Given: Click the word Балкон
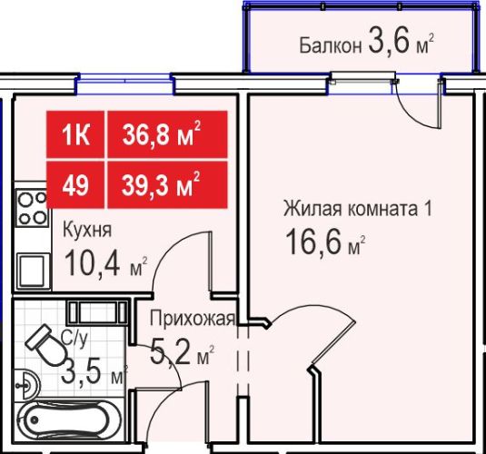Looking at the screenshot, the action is tap(331, 46).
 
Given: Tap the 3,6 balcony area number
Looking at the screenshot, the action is tap(390, 41).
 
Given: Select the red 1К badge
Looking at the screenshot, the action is tap(75, 134).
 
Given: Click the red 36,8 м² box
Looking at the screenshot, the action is tap(167, 134).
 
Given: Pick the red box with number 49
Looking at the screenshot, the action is tap(75, 184).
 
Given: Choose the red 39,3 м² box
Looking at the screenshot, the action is tap(167, 184).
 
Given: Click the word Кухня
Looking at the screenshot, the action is tap(87, 230).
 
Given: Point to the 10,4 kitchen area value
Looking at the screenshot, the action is tap(93, 262).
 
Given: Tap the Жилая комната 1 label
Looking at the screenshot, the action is tap(358, 209).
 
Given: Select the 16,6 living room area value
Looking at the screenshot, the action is tap(314, 242).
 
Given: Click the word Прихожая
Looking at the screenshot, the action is tap(193, 318).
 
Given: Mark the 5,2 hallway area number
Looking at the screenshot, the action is tap(170, 353).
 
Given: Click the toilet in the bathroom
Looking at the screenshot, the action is tap(45, 345).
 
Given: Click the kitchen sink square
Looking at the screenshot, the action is tap(34, 271).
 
